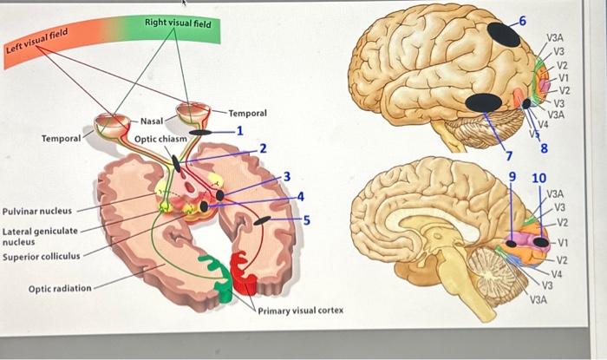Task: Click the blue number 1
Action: (x=239, y=131)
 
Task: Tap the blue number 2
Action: (x=263, y=148)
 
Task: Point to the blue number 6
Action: (x=521, y=19)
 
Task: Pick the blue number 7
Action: (x=510, y=155)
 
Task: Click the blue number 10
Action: (x=538, y=178)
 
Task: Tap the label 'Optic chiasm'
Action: (x=160, y=139)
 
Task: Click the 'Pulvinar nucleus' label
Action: (x=37, y=211)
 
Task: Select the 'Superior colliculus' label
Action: (x=42, y=256)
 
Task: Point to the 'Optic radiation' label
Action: (x=60, y=288)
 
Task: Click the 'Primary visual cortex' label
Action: (x=301, y=310)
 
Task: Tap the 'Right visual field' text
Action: (x=178, y=23)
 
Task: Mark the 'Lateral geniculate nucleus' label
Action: (x=40, y=236)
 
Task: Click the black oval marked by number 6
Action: (x=501, y=34)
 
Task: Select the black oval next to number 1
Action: (x=200, y=132)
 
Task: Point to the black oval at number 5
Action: (x=260, y=223)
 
